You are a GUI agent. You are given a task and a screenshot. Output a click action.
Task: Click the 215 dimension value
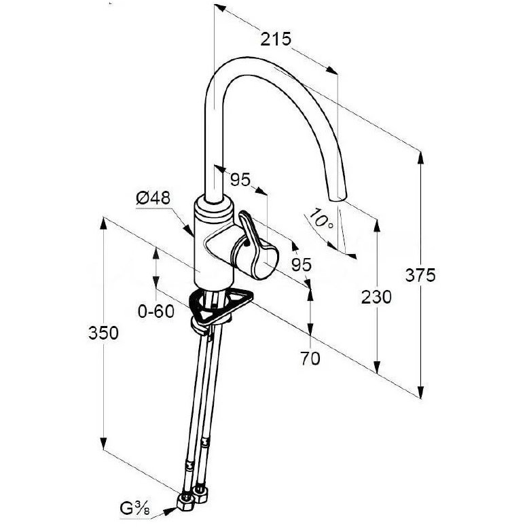tap(276, 39)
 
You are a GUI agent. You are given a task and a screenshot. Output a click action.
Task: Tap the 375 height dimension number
tap(420, 275)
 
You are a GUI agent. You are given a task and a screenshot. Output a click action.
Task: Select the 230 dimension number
tap(376, 297)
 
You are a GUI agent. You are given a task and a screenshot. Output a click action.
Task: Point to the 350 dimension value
tap(103, 333)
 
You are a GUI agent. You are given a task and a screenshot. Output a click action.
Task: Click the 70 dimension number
tap(310, 359)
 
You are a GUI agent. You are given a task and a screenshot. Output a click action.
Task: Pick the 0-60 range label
tap(156, 311)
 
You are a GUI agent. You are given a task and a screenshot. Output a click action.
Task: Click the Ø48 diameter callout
tap(153, 198)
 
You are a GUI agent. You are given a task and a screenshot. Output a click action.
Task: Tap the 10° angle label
tap(321, 219)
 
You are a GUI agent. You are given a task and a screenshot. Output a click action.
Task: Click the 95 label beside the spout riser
tap(240, 179)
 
